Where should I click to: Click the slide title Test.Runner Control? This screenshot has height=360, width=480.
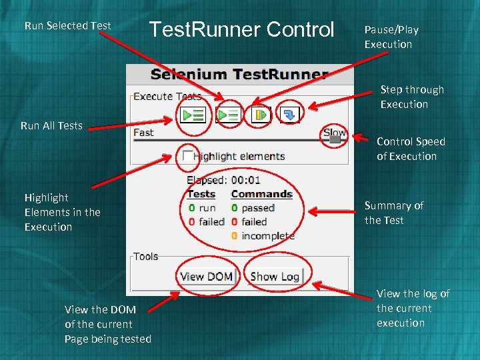pyautogui.click(x=241, y=29)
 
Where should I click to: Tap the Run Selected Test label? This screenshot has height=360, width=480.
pyautogui.click(x=67, y=25)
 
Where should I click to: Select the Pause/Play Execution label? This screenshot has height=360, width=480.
pyautogui.click(x=391, y=37)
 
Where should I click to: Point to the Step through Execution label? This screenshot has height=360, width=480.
pyautogui.click(x=412, y=97)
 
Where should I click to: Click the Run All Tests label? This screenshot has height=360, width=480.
pyautogui.click(x=51, y=125)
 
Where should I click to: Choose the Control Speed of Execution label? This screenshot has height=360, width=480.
pyautogui.click(x=411, y=149)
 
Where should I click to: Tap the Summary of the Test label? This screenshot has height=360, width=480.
pyautogui.click(x=394, y=213)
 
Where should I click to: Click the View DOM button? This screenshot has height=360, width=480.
pyautogui.click(x=206, y=276)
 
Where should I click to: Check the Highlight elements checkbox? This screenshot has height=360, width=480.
pyautogui.click(x=188, y=155)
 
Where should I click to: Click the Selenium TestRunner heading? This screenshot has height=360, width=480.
pyautogui.click(x=239, y=74)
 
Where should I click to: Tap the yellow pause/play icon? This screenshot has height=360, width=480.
pyautogui.click(x=260, y=115)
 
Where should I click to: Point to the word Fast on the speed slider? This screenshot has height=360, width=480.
pyautogui.click(x=143, y=133)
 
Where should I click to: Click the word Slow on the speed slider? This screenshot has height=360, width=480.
pyautogui.click(x=335, y=132)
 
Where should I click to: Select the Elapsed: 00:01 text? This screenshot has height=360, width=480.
pyautogui.click(x=223, y=180)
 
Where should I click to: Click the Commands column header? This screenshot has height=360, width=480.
pyautogui.click(x=261, y=194)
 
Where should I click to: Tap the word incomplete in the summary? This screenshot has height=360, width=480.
pyautogui.click(x=268, y=235)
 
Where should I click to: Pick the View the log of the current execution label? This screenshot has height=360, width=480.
pyautogui.click(x=413, y=308)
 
